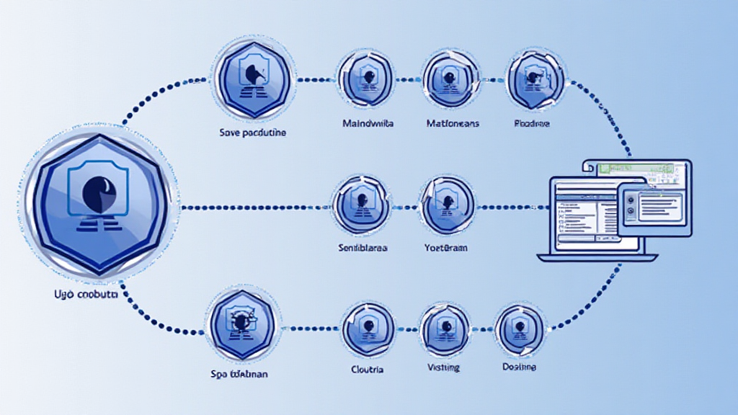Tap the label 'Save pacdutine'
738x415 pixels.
252,133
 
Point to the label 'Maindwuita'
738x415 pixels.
368,124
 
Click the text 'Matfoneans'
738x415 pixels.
452,124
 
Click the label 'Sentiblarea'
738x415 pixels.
363,248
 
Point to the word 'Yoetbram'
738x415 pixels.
446,248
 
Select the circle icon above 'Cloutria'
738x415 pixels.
368,329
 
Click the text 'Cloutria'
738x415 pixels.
368,370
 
